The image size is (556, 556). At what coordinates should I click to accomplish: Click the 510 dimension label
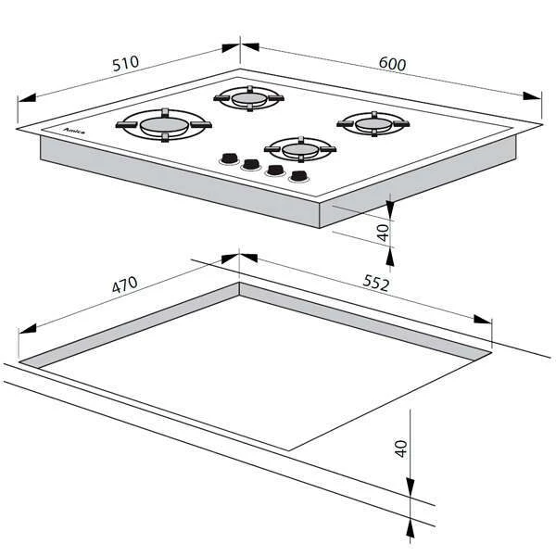pyautogui.click(x=125, y=63)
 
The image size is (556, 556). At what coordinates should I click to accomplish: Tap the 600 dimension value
pyautogui.click(x=392, y=64)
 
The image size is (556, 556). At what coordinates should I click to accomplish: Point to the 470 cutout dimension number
pyautogui.click(x=124, y=284)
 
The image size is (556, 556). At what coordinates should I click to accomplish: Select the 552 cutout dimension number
pyautogui.click(x=376, y=284)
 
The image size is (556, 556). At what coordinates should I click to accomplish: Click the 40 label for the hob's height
pyautogui.click(x=384, y=233)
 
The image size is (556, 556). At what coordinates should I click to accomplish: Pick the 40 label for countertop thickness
pyautogui.click(x=400, y=449)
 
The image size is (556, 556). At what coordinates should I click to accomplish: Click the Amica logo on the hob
pyautogui.click(x=74, y=132)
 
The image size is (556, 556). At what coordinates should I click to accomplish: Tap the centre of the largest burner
pyautogui.click(x=164, y=125)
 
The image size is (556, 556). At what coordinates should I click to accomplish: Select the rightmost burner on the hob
pyautogui.click(x=373, y=124)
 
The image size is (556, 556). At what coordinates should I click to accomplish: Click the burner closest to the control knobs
pyautogui.click(x=300, y=149)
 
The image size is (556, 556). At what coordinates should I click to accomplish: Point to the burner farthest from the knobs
pyautogui.click(x=249, y=98)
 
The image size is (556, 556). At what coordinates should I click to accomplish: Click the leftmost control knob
pyautogui.click(x=229, y=158)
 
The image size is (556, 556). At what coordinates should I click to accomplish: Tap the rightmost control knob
pyautogui.click(x=298, y=176)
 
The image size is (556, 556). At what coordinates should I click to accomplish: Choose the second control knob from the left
pyautogui.click(x=251, y=165)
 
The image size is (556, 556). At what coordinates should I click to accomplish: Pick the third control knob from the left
pyautogui.click(x=275, y=171)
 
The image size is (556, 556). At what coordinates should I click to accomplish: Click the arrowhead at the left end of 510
pyautogui.click(x=27, y=97)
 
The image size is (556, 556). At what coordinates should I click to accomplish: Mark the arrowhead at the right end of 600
pyautogui.click(x=532, y=95)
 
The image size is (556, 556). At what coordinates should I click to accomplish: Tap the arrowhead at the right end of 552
pyautogui.click(x=482, y=319)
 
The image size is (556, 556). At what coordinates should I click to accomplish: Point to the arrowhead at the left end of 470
pyautogui.click(x=27, y=329)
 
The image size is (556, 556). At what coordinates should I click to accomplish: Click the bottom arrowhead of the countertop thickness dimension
pyautogui.click(x=411, y=530)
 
